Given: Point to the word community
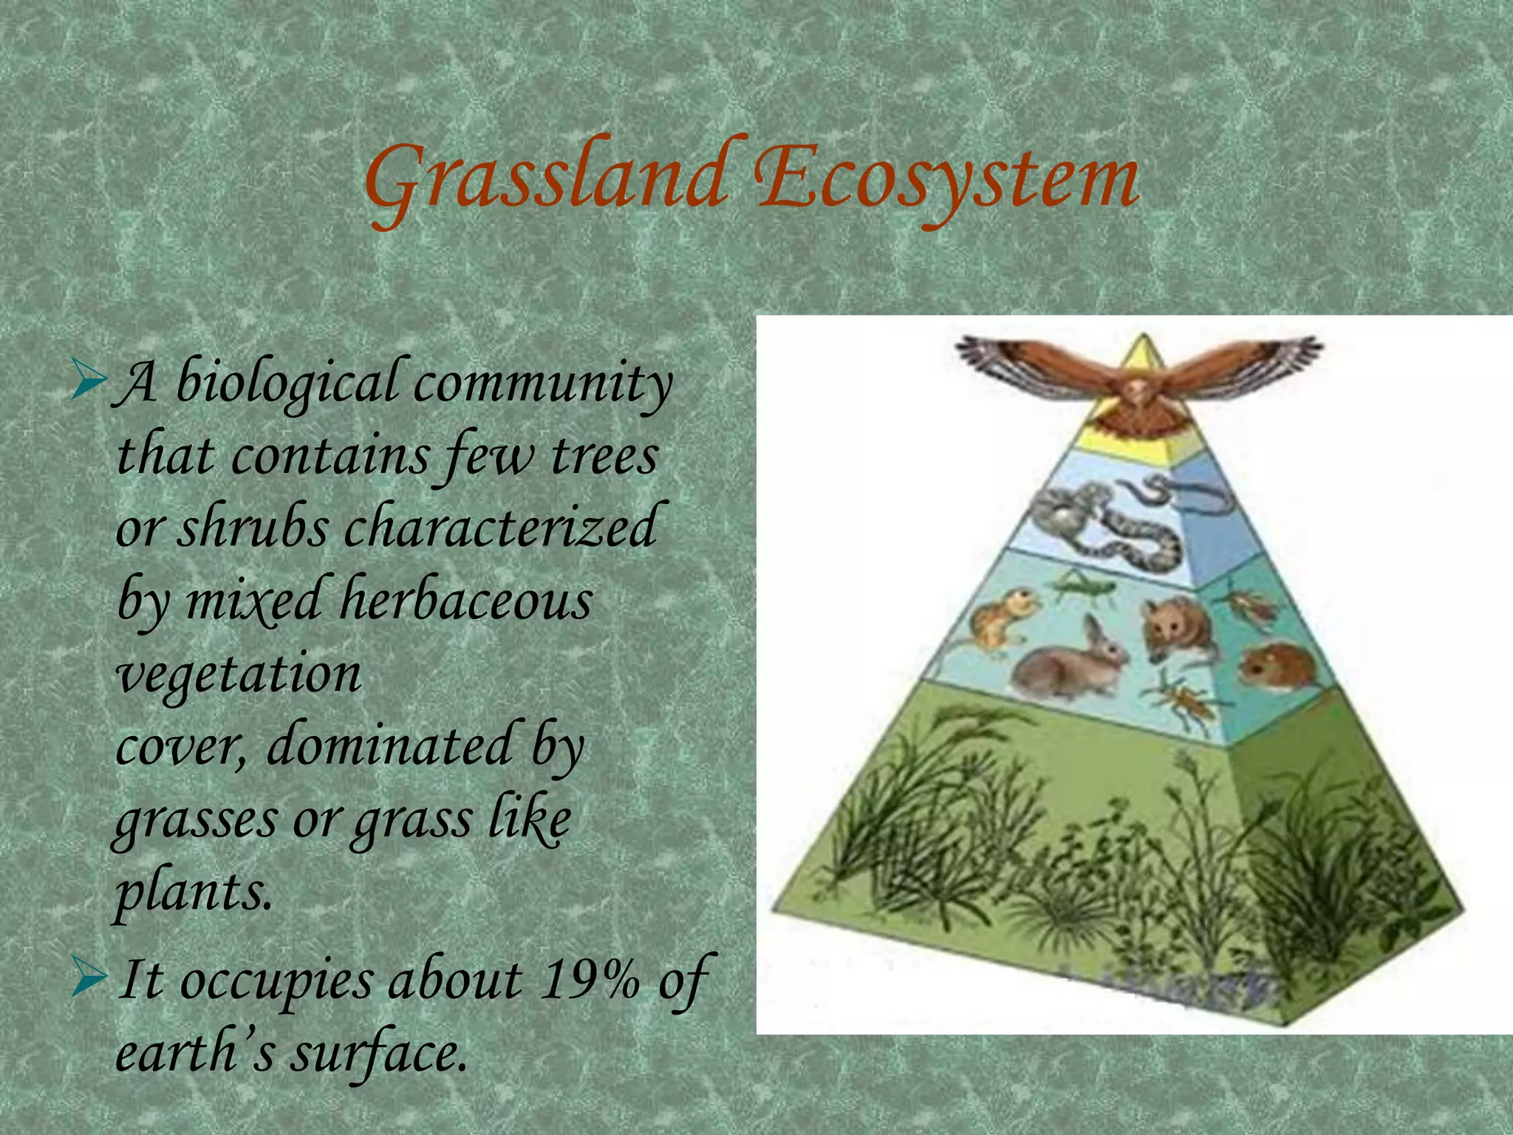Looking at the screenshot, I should [x=543, y=384].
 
